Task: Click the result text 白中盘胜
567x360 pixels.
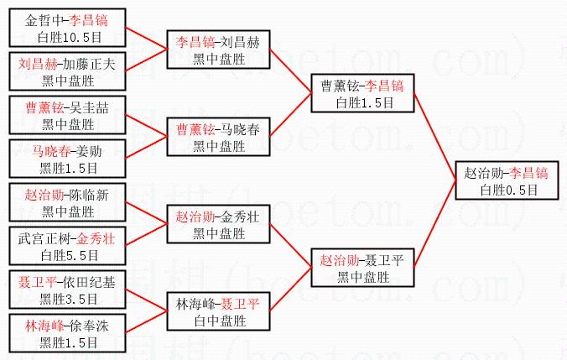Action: (219, 321)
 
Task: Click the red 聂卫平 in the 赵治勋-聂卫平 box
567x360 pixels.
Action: (388, 259)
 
